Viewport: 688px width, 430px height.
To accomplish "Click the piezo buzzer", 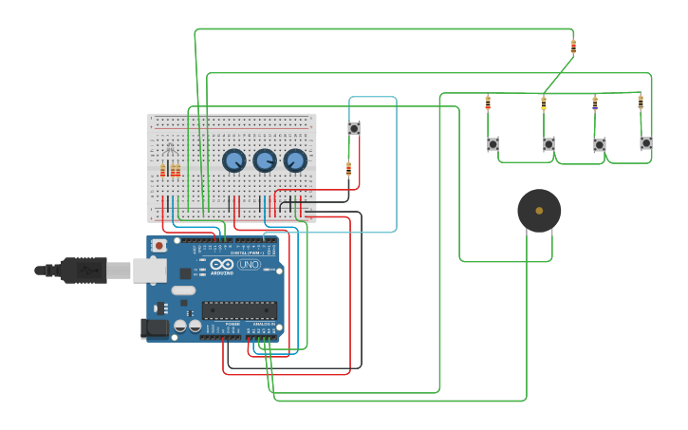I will tap(539, 211).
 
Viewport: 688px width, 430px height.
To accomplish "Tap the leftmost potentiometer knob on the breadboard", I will tap(234, 160).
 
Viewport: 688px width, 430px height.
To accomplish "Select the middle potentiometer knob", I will tap(265, 160).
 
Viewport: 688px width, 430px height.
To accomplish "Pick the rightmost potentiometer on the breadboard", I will tap(295, 160).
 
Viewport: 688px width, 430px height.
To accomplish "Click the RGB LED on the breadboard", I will tap(170, 149).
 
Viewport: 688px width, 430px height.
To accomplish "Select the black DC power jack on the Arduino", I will tap(154, 328).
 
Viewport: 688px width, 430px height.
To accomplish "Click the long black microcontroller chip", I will tap(239, 309).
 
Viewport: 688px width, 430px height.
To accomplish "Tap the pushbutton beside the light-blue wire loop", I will tap(354, 128).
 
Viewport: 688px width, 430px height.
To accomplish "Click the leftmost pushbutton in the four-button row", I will tap(493, 144).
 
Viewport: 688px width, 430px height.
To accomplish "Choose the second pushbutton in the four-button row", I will tap(549, 144).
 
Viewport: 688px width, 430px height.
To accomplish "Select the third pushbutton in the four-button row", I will tap(600, 145).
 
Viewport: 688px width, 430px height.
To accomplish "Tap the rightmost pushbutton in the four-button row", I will tap(646, 143).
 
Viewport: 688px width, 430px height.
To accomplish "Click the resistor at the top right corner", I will tap(573, 45).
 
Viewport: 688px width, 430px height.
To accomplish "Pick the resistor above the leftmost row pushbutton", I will tap(488, 103).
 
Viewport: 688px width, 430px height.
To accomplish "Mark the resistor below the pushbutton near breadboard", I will tap(348, 168).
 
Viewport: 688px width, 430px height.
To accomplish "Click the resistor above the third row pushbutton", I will tap(595, 103).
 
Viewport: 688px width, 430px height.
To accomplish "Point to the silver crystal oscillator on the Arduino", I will tap(183, 290).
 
